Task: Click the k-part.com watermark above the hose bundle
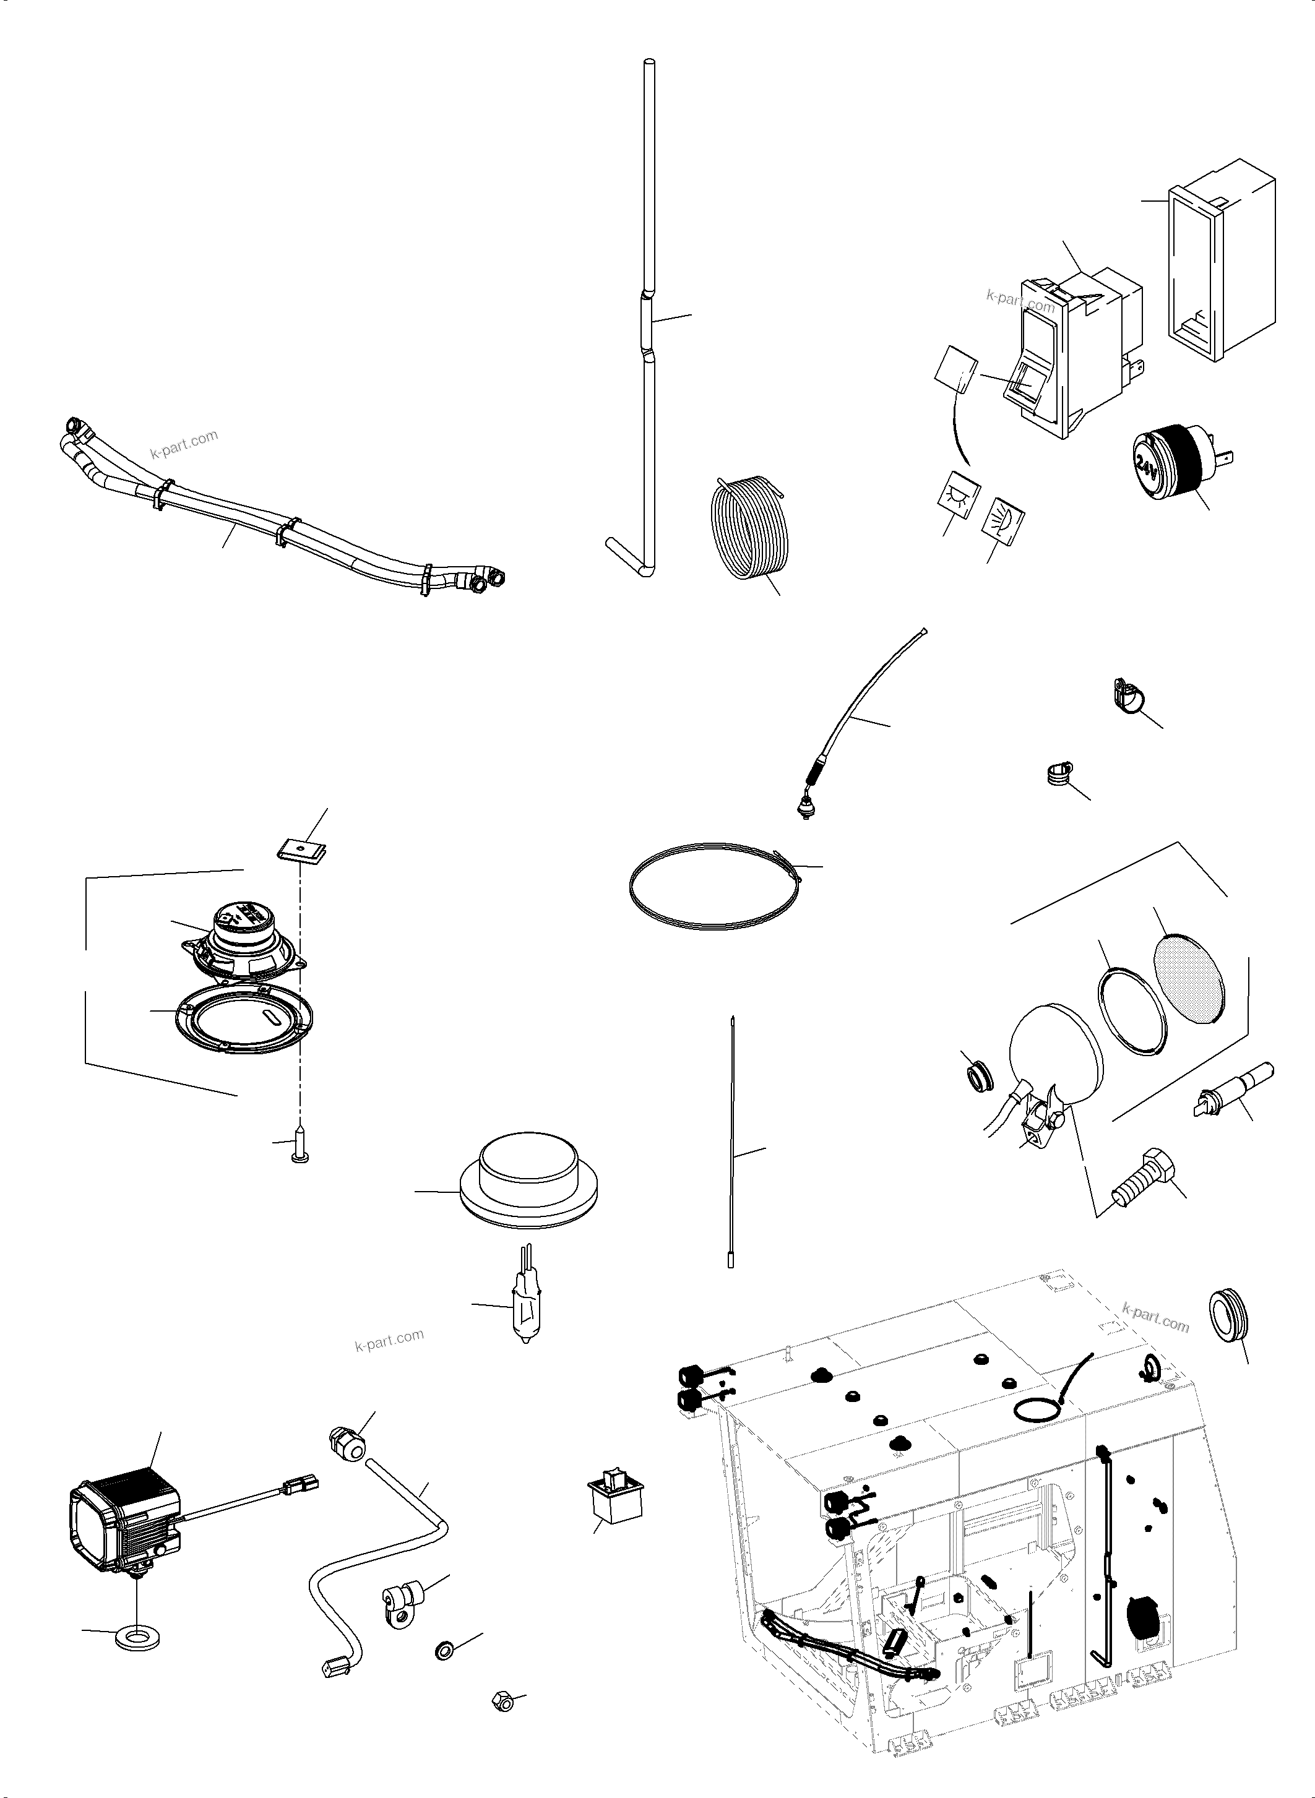click(x=184, y=445)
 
